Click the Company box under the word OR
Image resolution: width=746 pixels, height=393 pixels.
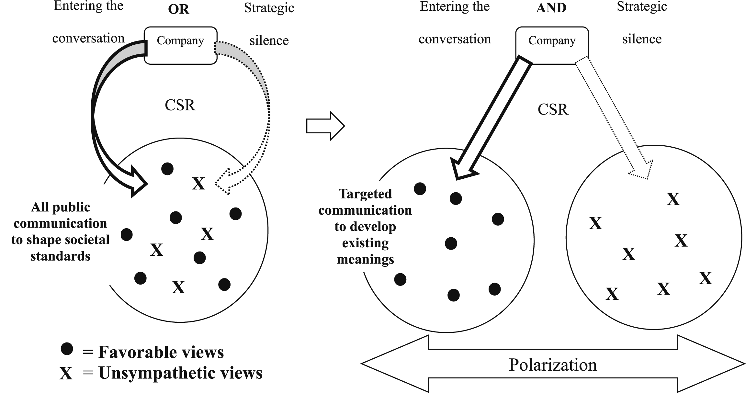click(x=180, y=45)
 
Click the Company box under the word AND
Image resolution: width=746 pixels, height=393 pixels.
click(x=552, y=45)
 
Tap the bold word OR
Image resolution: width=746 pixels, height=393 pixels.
click(x=178, y=9)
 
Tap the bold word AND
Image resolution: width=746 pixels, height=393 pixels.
click(x=551, y=8)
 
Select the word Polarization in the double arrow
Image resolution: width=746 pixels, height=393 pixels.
click(x=553, y=365)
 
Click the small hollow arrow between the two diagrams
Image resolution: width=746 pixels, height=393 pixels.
click(x=325, y=126)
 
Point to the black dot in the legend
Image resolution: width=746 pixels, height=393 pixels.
click(x=67, y=349)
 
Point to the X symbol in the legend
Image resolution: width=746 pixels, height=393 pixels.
click(x=66, y=373)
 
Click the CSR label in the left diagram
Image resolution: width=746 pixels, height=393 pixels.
click(x=180, y=105)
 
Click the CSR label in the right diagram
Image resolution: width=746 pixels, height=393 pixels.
click(x=553, y=109)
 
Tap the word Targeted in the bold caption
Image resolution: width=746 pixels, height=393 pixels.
click(x=365, y=194)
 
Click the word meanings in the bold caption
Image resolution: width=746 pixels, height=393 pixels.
click(x=365, y=260)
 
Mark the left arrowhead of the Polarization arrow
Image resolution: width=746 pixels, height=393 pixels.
click(x=389, y=364)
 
